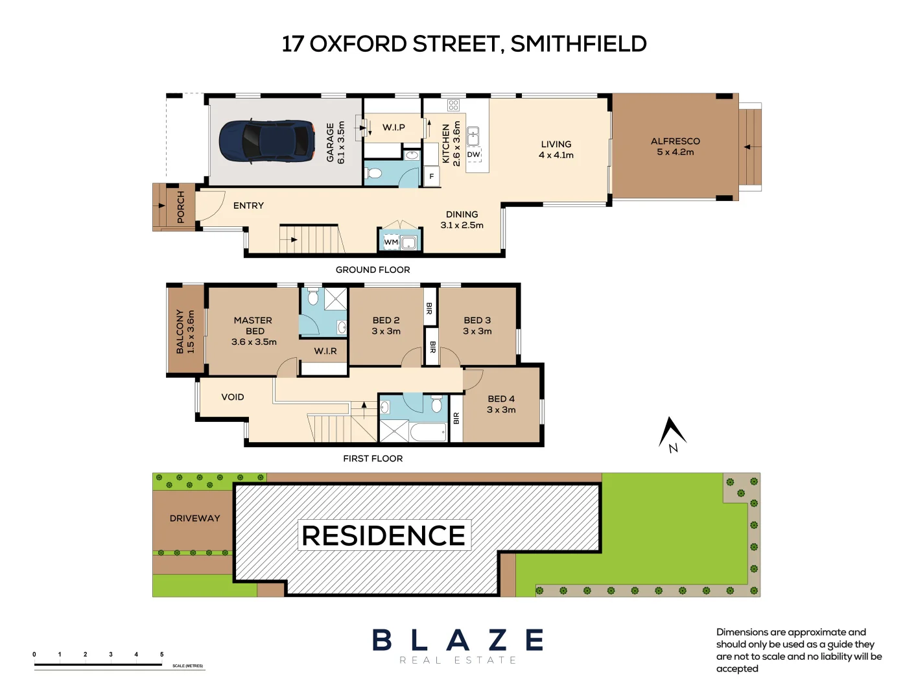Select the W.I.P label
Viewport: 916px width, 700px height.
393,127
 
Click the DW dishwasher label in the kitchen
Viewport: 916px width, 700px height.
474,154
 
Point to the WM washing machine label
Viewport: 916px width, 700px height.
391,242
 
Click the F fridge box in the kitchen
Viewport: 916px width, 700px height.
432,176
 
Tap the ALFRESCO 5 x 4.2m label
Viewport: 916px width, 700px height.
675,146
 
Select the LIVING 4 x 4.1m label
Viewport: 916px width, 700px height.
556,150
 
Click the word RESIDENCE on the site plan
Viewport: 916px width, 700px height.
384,535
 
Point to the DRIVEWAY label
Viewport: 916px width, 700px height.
194,518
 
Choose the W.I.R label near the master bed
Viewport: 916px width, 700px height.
325,351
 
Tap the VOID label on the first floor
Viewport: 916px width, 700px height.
233,397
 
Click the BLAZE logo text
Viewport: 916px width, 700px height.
458,640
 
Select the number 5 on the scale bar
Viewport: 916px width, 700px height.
162,654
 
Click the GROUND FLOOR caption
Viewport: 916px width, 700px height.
373,270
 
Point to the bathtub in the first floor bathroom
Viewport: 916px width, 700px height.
429,432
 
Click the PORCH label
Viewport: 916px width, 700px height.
181,207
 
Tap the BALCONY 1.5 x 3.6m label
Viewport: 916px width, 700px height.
185,331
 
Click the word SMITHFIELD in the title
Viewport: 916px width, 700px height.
578,44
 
